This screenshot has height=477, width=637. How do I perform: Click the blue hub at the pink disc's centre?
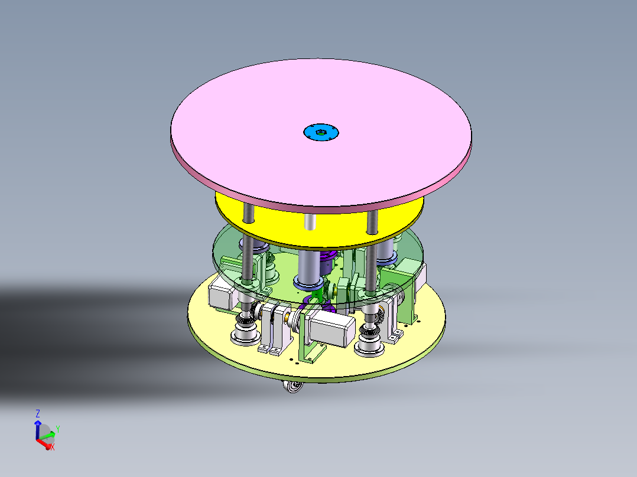pos(321,132)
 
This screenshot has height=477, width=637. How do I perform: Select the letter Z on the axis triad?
pos(38,413)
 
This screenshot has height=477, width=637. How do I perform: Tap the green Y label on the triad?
pos(58,429)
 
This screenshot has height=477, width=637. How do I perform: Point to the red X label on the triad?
pos(52,447)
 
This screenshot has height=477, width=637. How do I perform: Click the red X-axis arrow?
pos(44,443)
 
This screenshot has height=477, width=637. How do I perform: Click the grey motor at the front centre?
pos(331,329)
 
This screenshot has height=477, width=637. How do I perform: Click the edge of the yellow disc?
pos(319,242)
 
